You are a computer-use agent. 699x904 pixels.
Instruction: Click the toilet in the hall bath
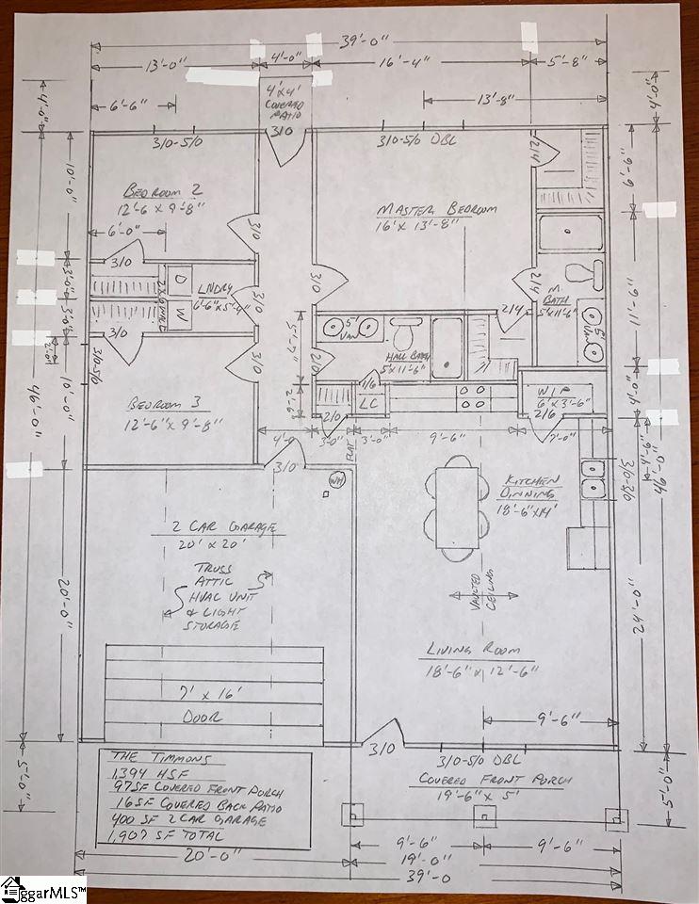(406, 332)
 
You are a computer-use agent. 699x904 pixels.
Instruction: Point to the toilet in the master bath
(592, 276)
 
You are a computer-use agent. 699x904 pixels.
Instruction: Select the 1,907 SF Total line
(166, 835)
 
